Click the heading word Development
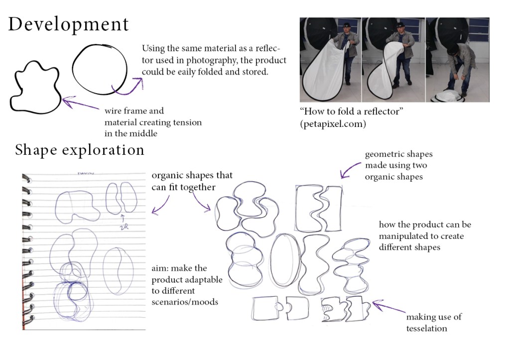(68, 25)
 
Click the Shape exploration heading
(80, 150)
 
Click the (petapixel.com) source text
(333, 124)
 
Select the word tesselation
(426, 329)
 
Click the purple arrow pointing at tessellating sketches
(388, 307)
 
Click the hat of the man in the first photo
(347, 25)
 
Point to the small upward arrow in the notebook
(123, 218)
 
